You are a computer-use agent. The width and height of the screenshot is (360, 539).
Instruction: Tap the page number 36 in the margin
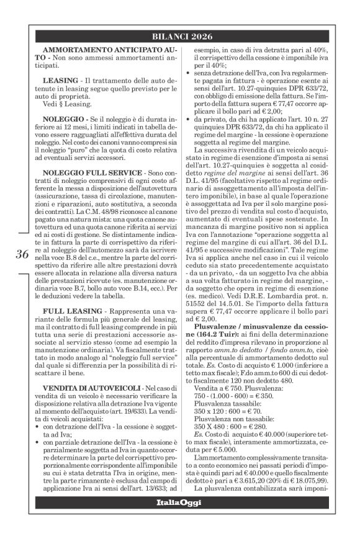pyautogui.click(x=22, y=254)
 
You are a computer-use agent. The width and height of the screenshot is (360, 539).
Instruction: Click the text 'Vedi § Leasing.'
pyautogui.click(x=67, y=104)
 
